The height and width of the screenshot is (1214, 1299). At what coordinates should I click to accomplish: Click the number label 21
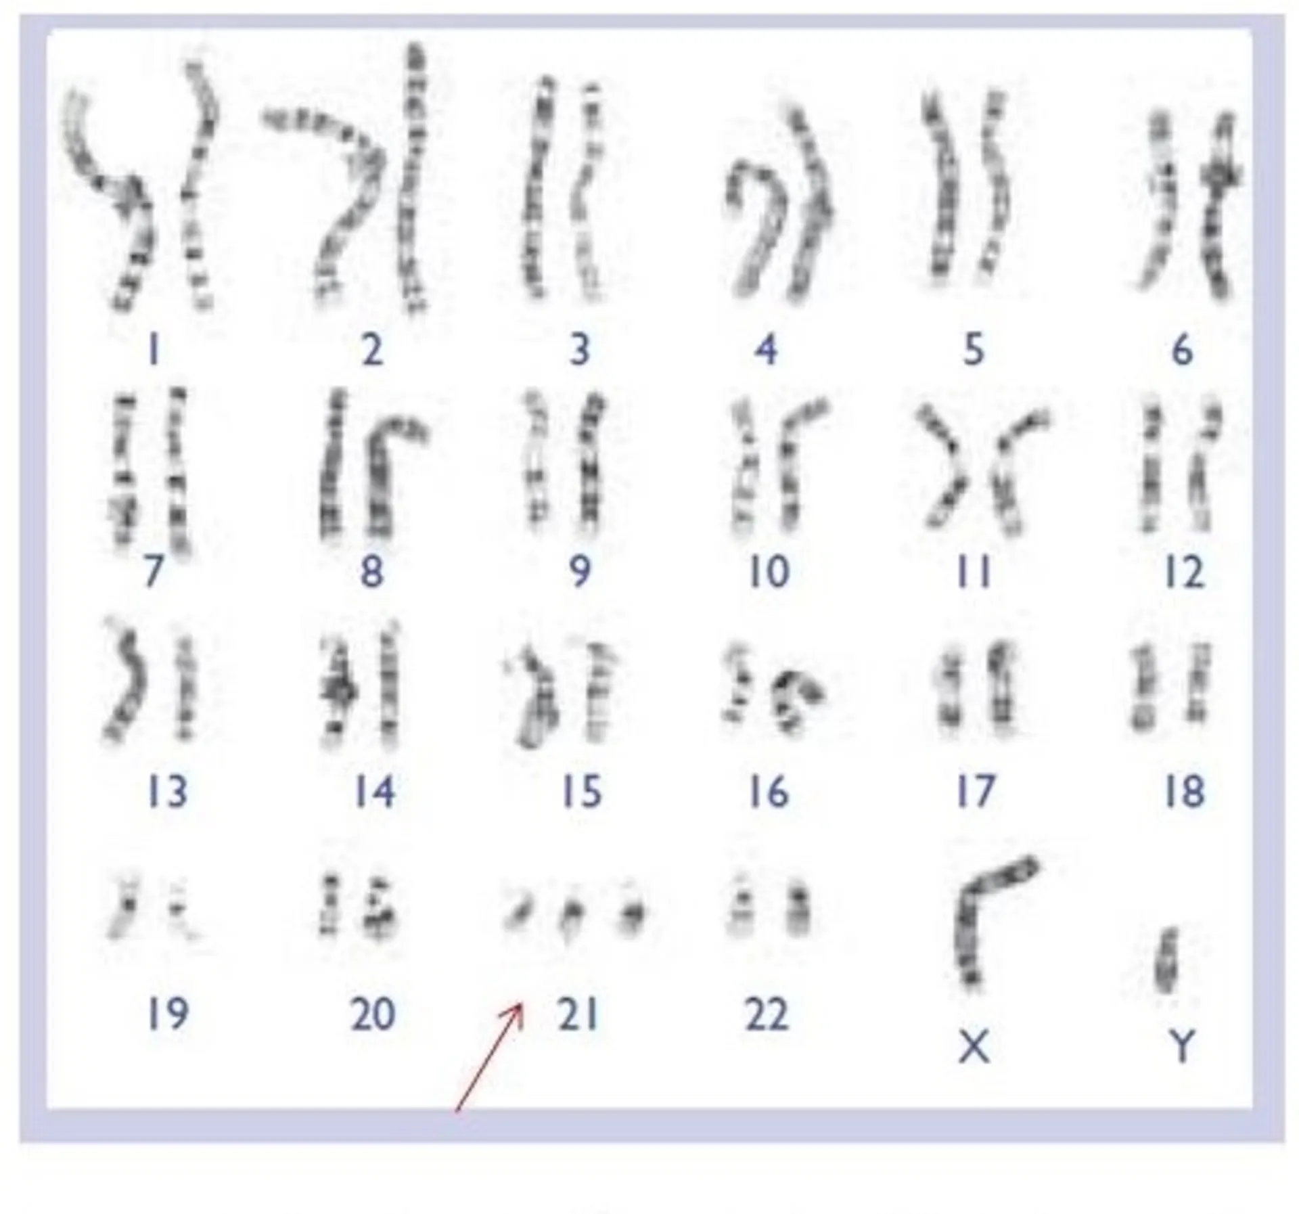(x=578, y=1015)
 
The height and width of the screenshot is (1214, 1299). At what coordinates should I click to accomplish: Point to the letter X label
(x=974, y=1047)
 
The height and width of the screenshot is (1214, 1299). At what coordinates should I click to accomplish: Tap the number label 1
(x=154, y=350)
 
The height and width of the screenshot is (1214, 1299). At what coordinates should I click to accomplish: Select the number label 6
(x=1182, y=350)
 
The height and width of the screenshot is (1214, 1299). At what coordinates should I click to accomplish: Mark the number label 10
(x=769, y=572)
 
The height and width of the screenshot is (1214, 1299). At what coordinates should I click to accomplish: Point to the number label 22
(x=767, y=1014)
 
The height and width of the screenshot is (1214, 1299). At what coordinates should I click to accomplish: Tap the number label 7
(x=154, y=572)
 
